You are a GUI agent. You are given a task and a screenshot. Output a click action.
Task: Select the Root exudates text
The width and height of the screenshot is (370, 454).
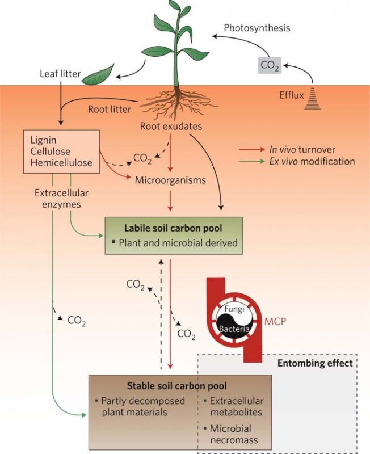coord(171,127)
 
